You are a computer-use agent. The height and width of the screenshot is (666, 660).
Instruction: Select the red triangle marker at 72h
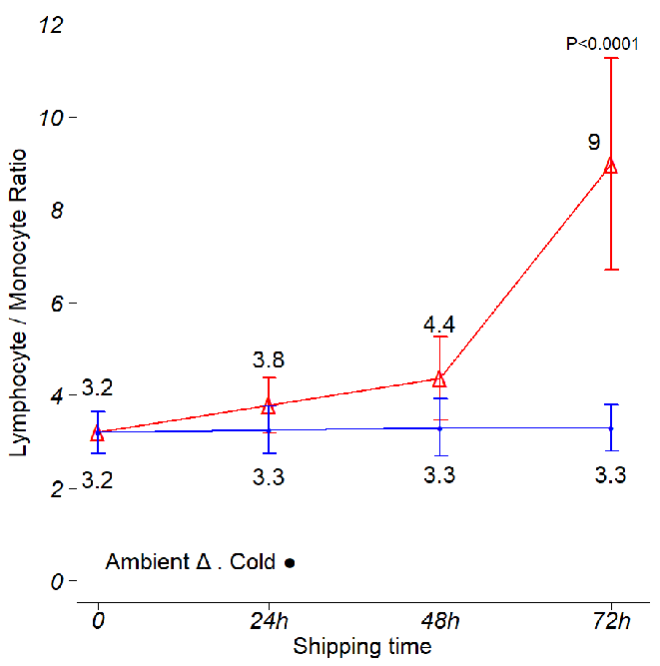[x=610, y=166]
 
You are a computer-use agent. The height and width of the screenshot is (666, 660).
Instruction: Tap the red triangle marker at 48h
[x=439, y=378]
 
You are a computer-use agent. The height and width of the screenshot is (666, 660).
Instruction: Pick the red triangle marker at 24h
[x=268, y=405]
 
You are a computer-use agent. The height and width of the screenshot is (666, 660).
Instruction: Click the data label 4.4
[x=439, y=326]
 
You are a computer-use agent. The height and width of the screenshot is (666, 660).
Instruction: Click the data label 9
[x=593, y=142]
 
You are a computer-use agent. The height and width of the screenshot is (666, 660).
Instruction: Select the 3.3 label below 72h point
[x=610, y=476]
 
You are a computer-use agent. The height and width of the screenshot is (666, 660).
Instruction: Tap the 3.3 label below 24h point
[x=269, y=477]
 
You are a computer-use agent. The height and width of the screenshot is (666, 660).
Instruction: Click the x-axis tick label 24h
[x=269, y=621]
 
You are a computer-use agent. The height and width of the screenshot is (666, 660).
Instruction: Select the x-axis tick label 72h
[x=610, y=621]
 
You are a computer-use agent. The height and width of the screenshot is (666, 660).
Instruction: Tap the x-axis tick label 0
[x=98, y=621]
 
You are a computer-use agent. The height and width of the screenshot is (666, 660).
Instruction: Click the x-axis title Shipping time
[x=362, y=647]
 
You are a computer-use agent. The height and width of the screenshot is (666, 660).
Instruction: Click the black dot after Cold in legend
[x=290, y=563]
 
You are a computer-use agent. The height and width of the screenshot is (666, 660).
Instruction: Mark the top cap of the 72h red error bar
[x=610, y=59]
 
